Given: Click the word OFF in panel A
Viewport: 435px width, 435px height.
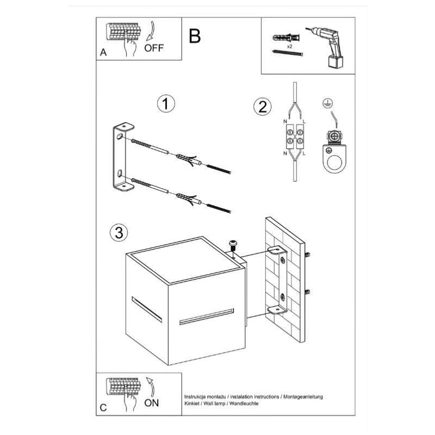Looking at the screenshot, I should (154, 47).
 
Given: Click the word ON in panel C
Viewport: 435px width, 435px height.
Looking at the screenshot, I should (152, 403).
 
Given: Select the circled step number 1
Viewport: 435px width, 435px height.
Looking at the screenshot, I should (165, 104).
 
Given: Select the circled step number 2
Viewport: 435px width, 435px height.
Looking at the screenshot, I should (262, 107).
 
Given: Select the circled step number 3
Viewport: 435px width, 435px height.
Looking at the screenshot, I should (119, 233).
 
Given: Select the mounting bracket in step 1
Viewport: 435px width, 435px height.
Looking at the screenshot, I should (123, 158).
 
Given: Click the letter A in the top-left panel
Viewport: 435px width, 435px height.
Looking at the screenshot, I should (103, 53).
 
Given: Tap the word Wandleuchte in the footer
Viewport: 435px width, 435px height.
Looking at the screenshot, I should (244, 404).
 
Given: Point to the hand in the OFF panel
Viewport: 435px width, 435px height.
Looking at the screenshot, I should (129, 48).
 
